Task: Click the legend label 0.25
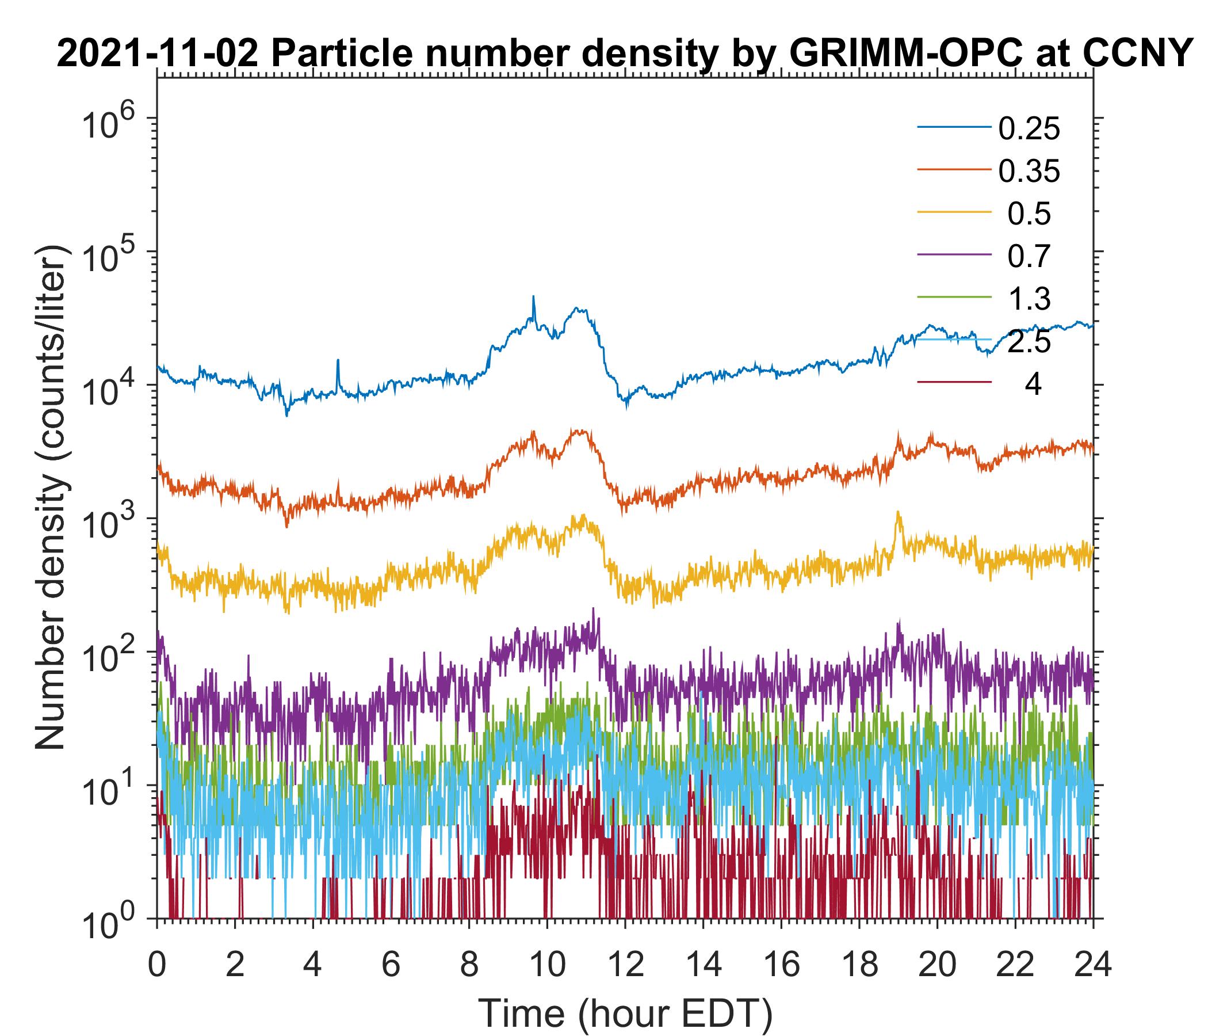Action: [x=1029, y=129]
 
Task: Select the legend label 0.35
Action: [x=1029, y=172]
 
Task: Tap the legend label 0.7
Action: [x=1029, y=257]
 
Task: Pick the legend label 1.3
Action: [x=1029, y=299]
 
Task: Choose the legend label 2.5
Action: [x=1029, y=342]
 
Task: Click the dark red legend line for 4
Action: [x=954, y=383]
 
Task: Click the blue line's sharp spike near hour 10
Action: [x=533, y=298]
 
